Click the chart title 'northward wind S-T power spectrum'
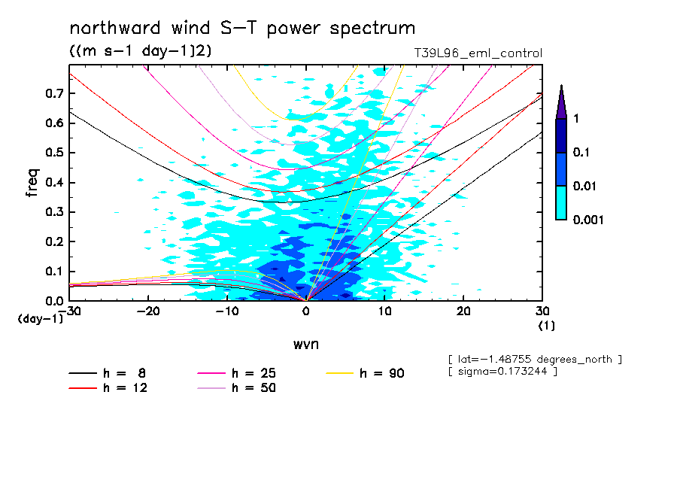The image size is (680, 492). click(x=242, y=29)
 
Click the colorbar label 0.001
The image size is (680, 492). click(x=589, y=220)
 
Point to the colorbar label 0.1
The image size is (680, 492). click(x=582, y=153)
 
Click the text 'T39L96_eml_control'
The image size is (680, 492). click(x=478, y=53)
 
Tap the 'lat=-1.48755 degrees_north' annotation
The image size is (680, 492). click(x=534, y=360)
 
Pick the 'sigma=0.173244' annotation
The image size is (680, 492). click(x=502, y=372)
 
